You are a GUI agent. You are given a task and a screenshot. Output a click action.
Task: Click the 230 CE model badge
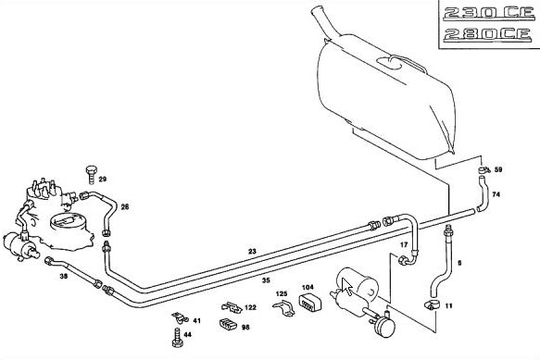[x=489, y=13]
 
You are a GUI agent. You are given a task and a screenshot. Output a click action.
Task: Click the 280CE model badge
[x=487, y=34]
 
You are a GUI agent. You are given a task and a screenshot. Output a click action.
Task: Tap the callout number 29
[x=103, y=179]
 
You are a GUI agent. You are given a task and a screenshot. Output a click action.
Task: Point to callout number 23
[x=253, y=252]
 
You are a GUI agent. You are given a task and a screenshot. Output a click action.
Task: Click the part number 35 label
[x=266, y=280]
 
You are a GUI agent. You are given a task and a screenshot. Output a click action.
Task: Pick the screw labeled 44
[x=177, y=337]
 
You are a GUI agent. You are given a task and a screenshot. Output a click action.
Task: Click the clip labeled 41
[x=180, y=318]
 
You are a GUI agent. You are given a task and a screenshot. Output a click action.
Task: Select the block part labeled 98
[x=228, y=324]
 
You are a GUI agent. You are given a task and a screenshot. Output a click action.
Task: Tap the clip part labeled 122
[x=232, y=306]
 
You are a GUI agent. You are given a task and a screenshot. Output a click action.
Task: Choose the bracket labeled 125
[x=283, y=308]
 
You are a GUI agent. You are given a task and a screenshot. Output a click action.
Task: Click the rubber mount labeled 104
[x=310, y=303]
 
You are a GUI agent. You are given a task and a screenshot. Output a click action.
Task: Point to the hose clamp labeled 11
[x=432, y=305]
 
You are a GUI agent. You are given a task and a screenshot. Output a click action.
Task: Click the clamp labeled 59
[x=483, y=169]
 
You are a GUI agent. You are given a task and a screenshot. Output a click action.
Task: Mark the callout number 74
[x=496, y=194]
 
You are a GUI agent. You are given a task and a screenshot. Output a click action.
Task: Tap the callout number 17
[x=404, y=245]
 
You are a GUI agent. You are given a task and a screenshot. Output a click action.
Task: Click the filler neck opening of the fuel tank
[x=317, y=11]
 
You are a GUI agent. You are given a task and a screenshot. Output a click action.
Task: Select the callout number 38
[x=64, y=277]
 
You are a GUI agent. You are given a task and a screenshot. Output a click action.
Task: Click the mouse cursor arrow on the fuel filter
[x=347, y=287]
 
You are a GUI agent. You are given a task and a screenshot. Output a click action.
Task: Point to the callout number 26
[x=125, y=207]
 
